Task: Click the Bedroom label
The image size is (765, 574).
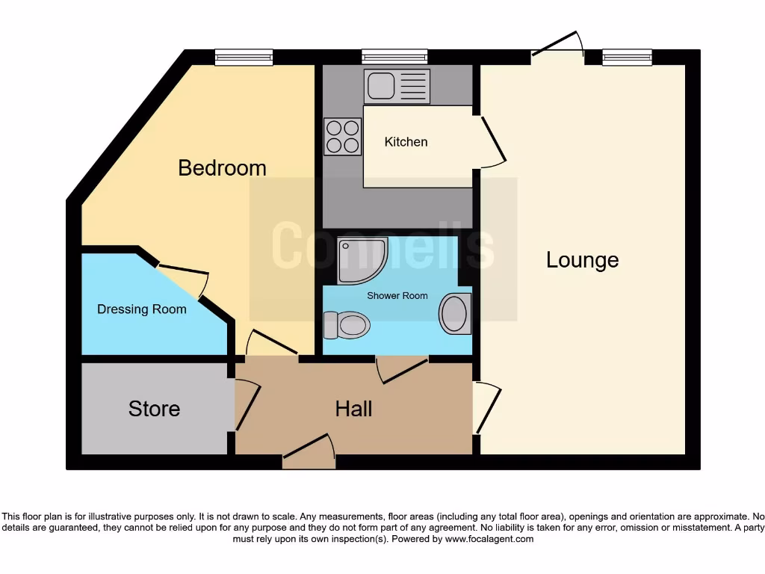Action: pos(222,167)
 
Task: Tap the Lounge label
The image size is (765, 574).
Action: pos(582,260)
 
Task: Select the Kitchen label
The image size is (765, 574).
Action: pos(406,142)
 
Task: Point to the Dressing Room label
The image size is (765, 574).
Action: pos(142,309)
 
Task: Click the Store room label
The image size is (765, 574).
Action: pos(154,409)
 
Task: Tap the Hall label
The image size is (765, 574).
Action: pos(353,409)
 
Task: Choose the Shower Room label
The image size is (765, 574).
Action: pos(397,296)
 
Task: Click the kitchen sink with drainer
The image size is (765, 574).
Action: pos(397,86)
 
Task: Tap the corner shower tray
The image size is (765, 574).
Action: pos(362,261)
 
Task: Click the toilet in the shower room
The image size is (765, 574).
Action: pos(347,325)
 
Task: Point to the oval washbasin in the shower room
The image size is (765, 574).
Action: pos(455,313)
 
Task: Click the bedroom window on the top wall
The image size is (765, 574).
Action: pos(244,57)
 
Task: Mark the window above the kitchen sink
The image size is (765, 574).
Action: pos(394,57)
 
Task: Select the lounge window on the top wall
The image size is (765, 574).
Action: pos(627,57)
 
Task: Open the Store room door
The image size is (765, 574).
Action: pos(247,406)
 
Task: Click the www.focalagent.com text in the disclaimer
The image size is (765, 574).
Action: pos(489,539)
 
